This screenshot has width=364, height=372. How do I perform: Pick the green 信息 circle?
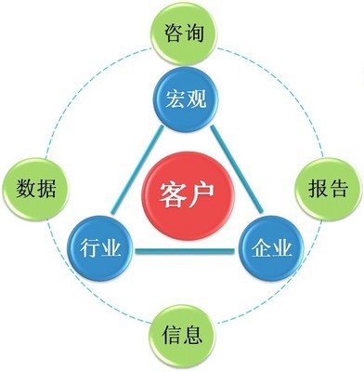[x=182, y=335]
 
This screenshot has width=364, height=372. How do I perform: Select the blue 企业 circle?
[x=270, y=249]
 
